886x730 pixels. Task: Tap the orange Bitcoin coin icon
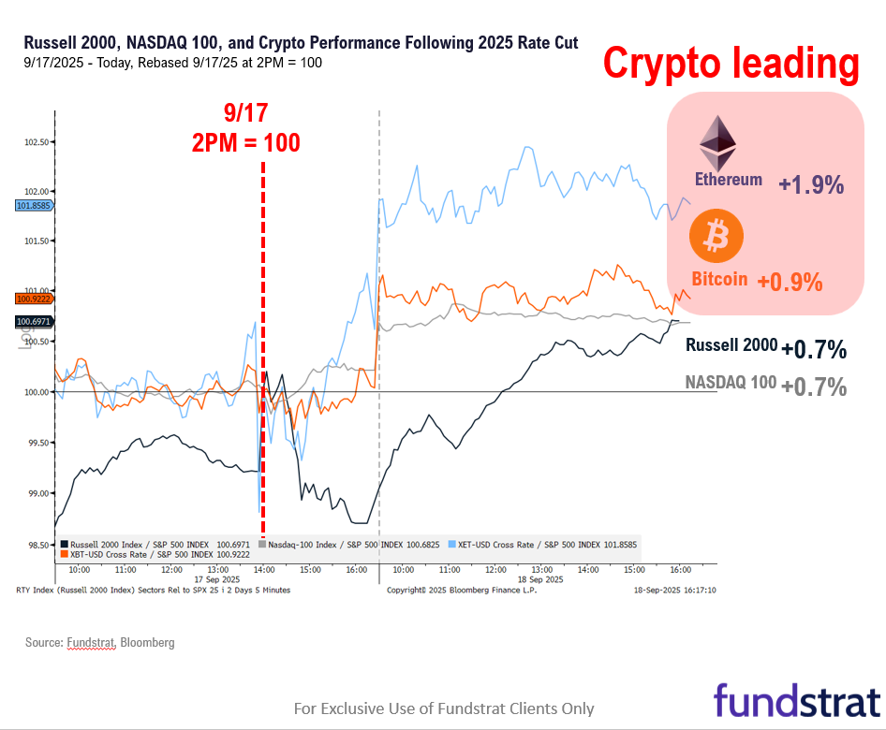[716, 236]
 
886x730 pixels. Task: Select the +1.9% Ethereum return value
[811, 185]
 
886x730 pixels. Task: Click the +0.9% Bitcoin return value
[790, 281]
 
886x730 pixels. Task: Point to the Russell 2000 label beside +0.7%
[731, 344]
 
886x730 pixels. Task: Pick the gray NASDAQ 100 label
[730, 382]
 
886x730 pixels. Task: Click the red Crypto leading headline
[731, 64]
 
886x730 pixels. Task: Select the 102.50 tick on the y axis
[36, 142]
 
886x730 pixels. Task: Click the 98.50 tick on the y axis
[36, 544]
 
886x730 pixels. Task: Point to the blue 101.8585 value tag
[34, 205]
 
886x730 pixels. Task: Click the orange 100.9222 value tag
[34, 299]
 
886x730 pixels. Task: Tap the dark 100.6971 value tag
[34, 322]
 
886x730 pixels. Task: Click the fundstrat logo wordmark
[797, 700]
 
